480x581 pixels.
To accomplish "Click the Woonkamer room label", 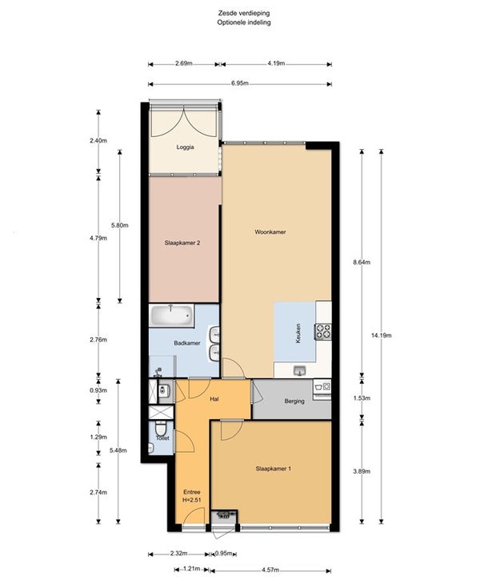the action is coord(270,232).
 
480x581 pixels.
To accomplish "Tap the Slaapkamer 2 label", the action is coord(182,243).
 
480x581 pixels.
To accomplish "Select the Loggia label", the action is coord(185,147).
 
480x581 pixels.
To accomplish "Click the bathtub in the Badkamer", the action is coord(171,316).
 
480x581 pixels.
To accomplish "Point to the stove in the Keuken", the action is coord(323,331).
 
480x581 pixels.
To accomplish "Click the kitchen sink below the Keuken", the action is coord(300,370).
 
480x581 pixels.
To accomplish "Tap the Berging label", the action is coord(294,401).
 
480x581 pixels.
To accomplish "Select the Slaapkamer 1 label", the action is coord(274,469).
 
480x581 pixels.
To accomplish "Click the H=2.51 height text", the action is coord(192,500).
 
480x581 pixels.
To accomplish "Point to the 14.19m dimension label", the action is coord(381,335).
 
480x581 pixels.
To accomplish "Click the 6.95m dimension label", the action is coord(240,83).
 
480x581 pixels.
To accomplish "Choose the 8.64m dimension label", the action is coord(362,262).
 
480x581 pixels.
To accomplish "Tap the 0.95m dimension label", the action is coord(224,554).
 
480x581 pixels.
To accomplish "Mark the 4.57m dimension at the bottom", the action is coord(270,570).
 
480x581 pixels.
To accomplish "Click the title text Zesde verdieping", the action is coord(244,13).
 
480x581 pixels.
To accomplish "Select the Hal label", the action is coord(214,399).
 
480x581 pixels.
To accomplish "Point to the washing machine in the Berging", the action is coord(322,387).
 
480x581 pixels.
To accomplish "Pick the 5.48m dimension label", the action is coord(118,450).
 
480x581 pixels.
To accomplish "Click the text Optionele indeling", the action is coord(244,22).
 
